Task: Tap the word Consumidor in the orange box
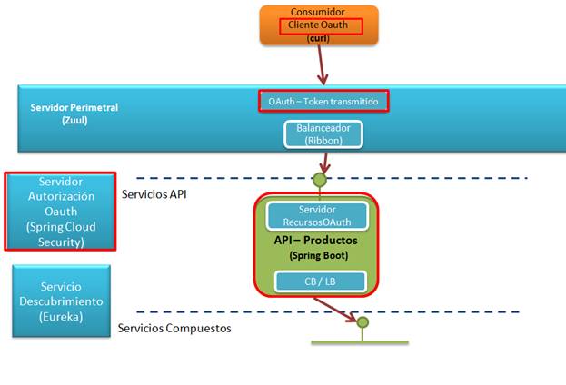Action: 317,12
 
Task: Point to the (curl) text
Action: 317,38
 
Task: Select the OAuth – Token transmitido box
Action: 323,101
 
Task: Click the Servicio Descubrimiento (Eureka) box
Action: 60,300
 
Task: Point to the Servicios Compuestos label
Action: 174,328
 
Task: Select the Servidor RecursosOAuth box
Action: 317,215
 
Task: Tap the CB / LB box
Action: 318,281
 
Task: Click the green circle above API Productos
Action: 319,180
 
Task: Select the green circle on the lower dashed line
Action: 362,321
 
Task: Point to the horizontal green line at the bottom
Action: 360,342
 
